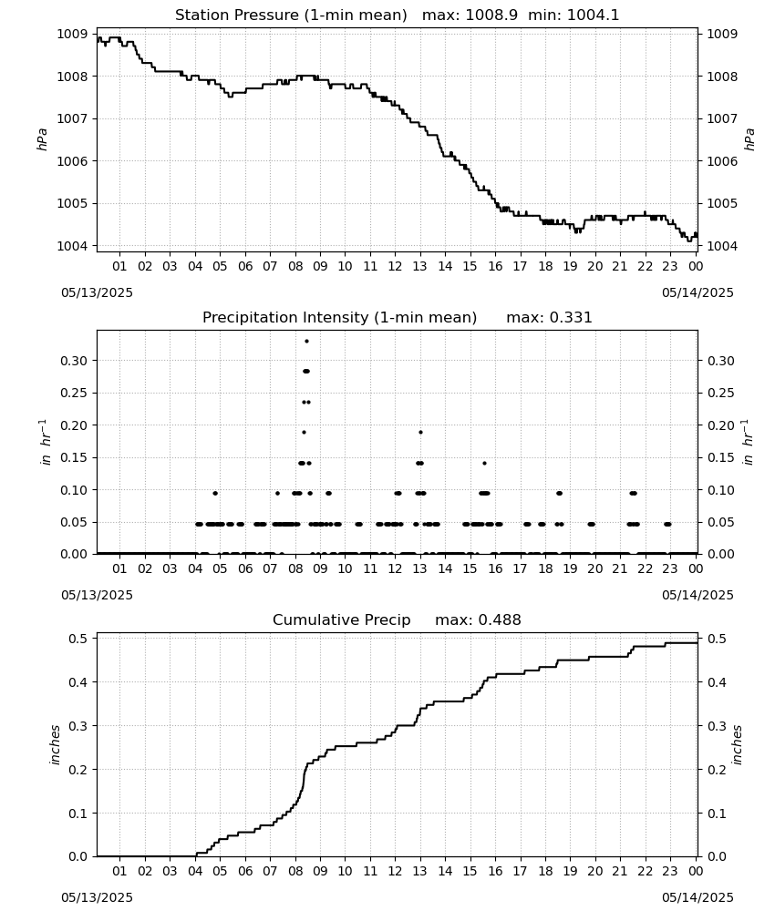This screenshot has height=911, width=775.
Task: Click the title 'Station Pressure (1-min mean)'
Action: click(x=291, y=15)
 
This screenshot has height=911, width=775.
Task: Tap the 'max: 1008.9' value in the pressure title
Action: click(x=470, y=15)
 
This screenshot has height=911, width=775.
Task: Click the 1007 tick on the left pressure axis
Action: click(x=72, y=118)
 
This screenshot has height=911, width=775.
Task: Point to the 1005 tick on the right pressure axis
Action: click(x=722, y=203)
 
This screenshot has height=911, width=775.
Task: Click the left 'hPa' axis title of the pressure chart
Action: click(x=43, y=139)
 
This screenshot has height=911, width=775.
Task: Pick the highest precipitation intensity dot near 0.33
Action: click(x=306, y=341)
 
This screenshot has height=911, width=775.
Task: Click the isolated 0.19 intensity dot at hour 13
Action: click(x=420, y=432)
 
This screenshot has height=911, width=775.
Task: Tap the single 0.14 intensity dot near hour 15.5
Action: click(x=484, y=463)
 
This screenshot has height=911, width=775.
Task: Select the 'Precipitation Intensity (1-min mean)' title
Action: click(x=339, y=318)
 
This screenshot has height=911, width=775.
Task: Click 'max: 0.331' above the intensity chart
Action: click(x=549, y=318)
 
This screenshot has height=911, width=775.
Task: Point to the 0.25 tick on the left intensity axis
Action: click(x=74, y=393)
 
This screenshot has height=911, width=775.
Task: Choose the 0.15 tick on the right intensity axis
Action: click(x=720, y=458)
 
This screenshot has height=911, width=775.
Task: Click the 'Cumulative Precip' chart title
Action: click(x=341, y=619)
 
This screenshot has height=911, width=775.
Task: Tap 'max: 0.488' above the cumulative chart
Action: click(x=478, y=619)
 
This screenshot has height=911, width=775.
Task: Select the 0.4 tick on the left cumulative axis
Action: click(x=77, y=682)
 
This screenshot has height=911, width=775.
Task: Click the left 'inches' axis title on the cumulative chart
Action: click(x=56, y=744)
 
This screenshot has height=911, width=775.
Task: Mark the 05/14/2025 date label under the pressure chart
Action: click(x=697, y=292)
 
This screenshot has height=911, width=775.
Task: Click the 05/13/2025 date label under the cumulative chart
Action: click(x=97, y=897)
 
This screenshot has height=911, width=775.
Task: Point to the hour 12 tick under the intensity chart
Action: click(x=395, y=568)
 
